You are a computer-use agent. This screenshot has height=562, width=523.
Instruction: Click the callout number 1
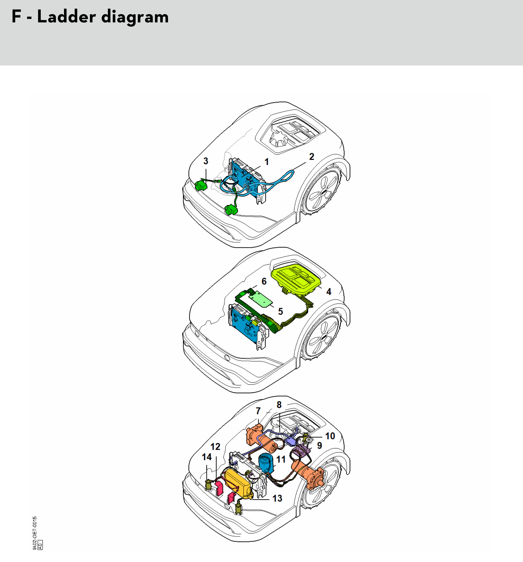coord(266,162)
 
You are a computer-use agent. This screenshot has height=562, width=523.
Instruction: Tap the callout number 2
coord(312,157)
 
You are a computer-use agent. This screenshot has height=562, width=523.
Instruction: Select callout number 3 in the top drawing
coord(206,161)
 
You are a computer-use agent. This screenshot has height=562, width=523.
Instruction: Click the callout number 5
coord(280,312)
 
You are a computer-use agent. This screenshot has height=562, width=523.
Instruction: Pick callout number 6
coord(264,281)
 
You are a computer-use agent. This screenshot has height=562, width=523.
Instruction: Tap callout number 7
coord(258,411)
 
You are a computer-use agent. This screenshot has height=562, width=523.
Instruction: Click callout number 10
coord(330,436)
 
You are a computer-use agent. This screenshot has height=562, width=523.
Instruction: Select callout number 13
coord(277,498)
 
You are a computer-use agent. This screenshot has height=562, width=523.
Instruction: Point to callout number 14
coord(207,457)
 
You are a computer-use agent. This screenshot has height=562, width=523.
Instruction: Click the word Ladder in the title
coord(67,17)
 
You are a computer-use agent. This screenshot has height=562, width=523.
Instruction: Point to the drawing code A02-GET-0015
coord(35,533)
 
